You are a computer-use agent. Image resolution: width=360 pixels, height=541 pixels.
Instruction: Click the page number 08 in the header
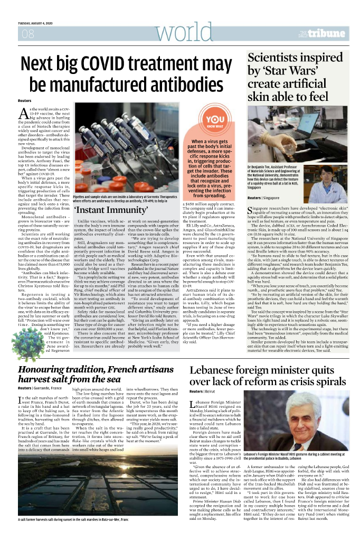[x=27, y=34]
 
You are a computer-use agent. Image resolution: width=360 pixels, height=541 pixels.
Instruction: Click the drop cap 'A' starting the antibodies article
[x=23, y=113]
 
